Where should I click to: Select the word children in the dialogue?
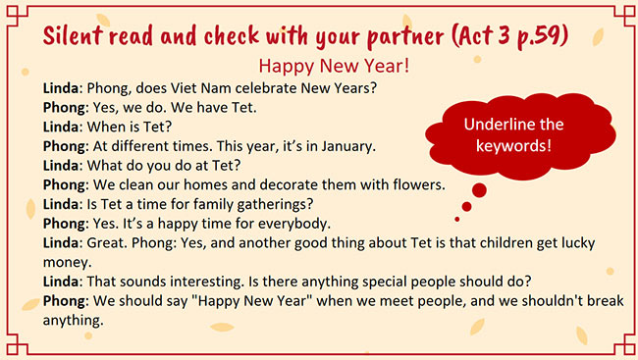click(x=503, y=241)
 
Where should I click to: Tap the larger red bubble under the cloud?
click(x=479, y=188)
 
